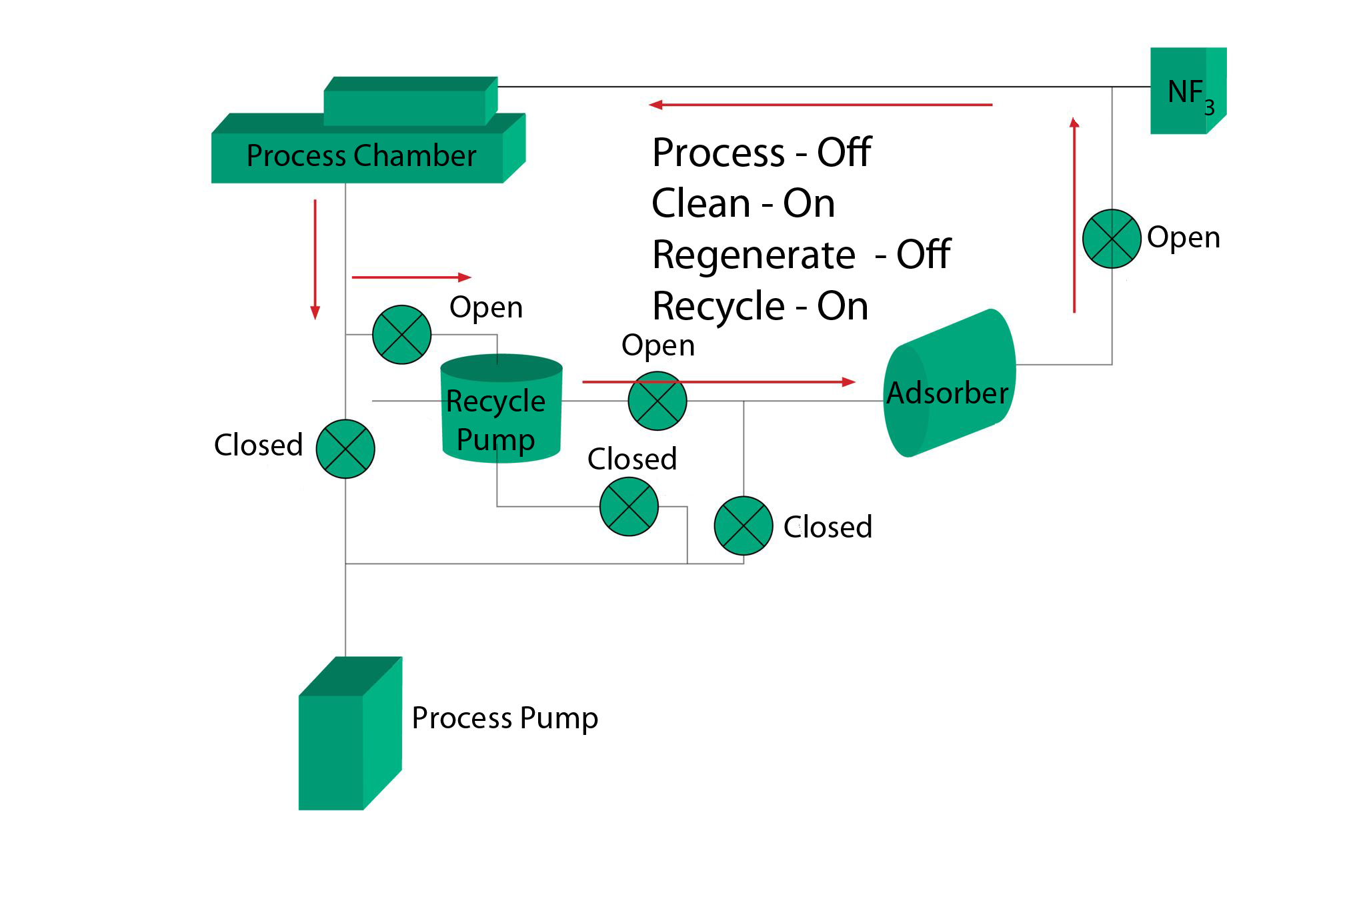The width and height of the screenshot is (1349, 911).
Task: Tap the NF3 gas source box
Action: point(1187,91)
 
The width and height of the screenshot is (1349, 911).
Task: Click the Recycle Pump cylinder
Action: point(501,409)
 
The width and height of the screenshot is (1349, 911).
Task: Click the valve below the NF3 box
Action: point(1112,239)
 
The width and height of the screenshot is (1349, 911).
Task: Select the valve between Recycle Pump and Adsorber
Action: point(657,401)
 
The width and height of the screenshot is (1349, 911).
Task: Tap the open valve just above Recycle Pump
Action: point(401,335)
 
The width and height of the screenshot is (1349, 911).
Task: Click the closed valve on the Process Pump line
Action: point(345,449)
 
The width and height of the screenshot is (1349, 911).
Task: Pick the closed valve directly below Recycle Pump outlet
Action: point(629,507)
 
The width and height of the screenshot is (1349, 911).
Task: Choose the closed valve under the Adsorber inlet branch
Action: point(744,526)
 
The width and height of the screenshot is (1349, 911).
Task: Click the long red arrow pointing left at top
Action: point(820,105)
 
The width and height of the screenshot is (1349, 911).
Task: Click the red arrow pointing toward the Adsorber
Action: point(718,382)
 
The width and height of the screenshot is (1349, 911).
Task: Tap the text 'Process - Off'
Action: point(762,153)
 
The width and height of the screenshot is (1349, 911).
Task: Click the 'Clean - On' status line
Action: point(743,203)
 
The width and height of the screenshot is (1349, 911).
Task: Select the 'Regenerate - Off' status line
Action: point(801,255)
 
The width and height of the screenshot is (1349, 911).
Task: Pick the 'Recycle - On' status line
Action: point(760,306)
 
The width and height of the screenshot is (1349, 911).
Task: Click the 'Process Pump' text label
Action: point(505,718)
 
